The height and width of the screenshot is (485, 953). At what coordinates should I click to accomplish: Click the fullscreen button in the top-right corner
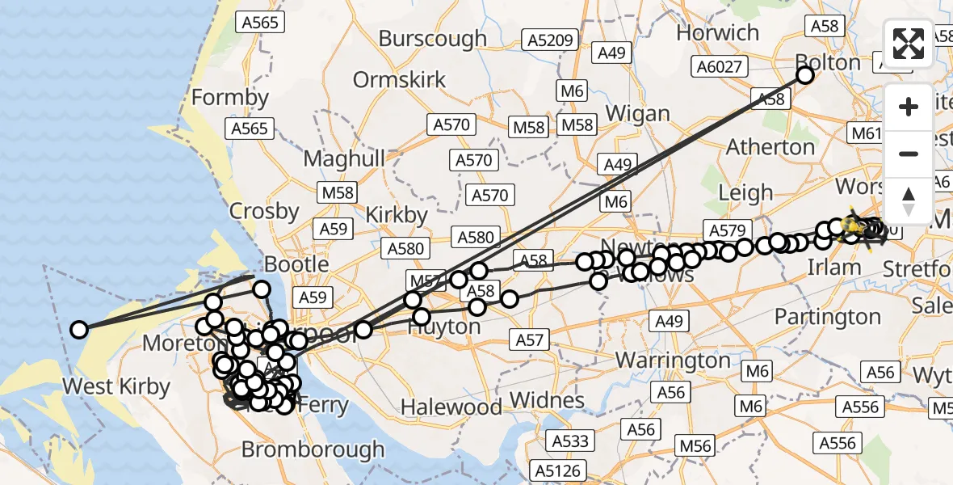[x=909, y=44]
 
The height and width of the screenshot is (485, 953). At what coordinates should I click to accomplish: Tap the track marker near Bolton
[x=804, y=75]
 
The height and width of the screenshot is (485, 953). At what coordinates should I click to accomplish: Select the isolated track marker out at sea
[x=79, y=329]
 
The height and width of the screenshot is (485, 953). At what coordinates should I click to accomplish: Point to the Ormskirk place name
[x=399, y=80]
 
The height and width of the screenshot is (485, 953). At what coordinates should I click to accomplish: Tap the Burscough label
[x=432, y=38]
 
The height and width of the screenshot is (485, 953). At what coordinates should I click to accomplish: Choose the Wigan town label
[x=637, y=113]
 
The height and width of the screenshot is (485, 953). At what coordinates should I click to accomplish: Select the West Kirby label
[x=116, y=386]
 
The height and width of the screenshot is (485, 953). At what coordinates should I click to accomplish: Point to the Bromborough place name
[x=313, y=449]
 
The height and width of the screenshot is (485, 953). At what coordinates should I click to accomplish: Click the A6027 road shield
[x=720, y=66]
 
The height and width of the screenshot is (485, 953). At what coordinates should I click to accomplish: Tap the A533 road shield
[x=571, y=441]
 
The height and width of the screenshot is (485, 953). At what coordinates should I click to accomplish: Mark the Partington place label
[x=828, y=316]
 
